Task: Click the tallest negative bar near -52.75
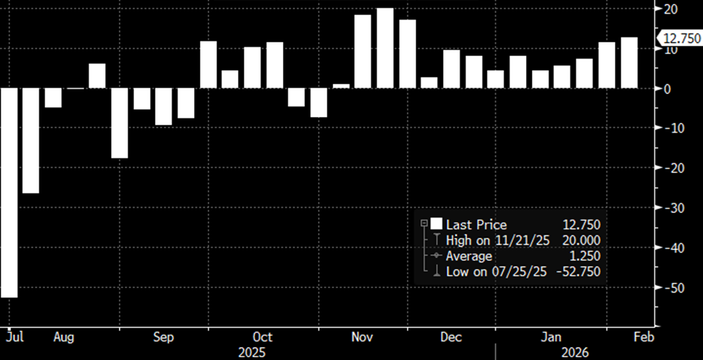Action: click(8, 193)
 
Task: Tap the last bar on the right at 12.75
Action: click(629, 63)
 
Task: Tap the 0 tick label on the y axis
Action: click(666, 89)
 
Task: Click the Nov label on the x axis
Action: click(363, 337)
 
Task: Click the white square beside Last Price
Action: click(436, 224)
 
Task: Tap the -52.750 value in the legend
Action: click(576, 272)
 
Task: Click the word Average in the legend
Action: click(469, 256)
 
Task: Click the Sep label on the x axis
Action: click(163, 337)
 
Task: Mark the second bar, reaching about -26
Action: click(31, 140)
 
